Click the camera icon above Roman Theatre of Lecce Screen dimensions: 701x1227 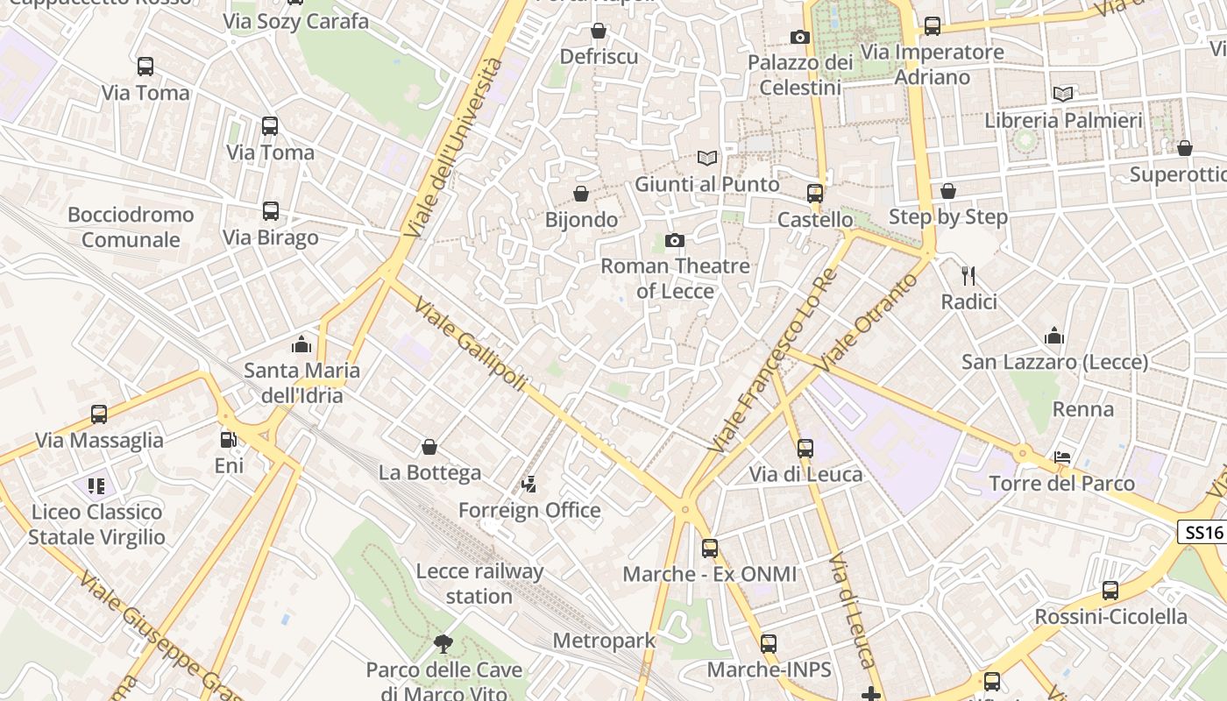pos(674,240)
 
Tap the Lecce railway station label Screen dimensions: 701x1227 pos(479,584)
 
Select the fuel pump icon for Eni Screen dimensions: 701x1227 pos(228,440)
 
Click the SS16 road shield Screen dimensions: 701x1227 pos(1201,532)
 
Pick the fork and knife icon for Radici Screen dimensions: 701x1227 pos(968,276)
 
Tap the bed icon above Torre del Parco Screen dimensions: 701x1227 pos(1062,457)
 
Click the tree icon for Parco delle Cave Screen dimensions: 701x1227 pos(443,644)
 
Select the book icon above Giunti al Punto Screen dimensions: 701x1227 pos(707,159)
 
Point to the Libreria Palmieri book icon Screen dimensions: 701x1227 pos(1063,94)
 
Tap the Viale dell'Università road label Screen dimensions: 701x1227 pos(455,148)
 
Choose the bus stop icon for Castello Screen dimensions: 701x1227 pos(815,194)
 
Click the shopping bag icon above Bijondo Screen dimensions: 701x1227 pos(580,194)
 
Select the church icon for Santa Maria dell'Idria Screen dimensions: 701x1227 pos(301,344)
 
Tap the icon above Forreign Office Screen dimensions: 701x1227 pos(528,484)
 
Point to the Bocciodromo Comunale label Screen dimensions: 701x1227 pos(131,227)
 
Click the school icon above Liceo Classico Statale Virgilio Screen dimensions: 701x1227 pos(96,485)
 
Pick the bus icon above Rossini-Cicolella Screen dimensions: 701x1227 pos(1110,591)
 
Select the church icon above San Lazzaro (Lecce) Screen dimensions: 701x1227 pos(1053,336)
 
